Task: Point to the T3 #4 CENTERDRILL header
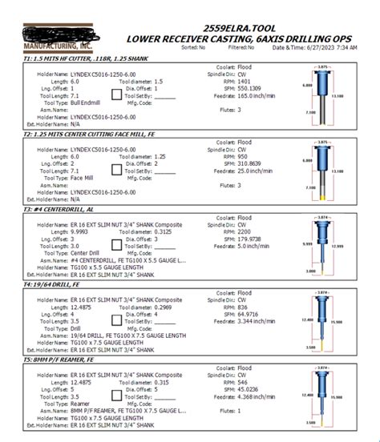point(52,208)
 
